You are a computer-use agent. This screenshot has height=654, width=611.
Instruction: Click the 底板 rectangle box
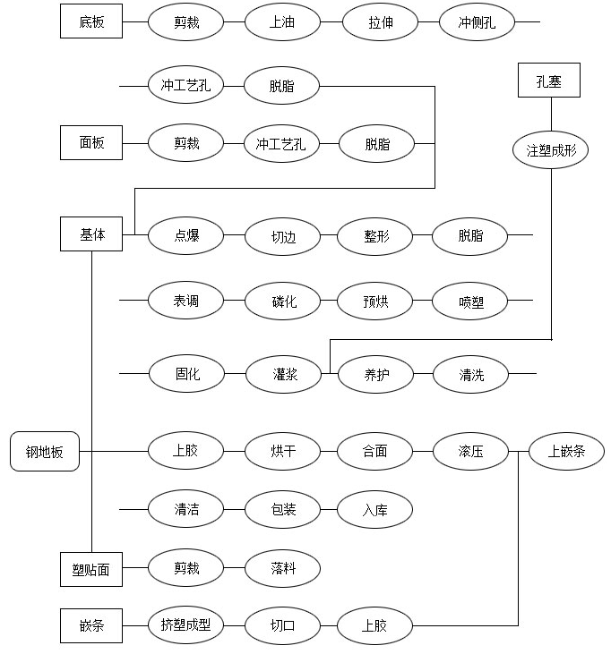(x=91, y=21)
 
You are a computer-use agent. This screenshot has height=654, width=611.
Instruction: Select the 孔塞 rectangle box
(x=549, y=81)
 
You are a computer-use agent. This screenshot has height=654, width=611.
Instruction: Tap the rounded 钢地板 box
(x=45, y=451)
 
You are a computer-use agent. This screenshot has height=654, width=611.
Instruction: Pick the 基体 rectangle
(x=91, y=234)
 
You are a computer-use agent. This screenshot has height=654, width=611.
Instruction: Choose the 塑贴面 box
(x=91, y=569)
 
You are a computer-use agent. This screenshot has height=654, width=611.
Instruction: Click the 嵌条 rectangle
(x=91, y=625)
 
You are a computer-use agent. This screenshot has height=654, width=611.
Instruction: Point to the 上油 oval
(x=282, y=21)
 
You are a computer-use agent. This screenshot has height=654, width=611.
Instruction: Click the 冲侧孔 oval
(x=477, y=21)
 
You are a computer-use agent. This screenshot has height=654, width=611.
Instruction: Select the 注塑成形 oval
(x=550, y=150)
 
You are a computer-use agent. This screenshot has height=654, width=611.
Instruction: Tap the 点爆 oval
(x=185, y=235)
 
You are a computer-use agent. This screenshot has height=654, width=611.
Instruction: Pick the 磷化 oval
(x=282, y=301)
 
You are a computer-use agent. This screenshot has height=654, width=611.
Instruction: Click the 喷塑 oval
(x=469, y=301)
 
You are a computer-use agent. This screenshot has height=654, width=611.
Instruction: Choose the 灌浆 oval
(x=284, y=374)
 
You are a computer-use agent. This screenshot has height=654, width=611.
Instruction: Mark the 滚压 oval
(x=470, y=451)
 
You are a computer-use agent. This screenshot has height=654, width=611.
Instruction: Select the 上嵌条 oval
(x=566, y=451)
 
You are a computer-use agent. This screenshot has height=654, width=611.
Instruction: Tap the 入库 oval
(x=374, y=509)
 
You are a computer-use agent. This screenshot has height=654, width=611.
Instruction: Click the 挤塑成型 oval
(x=185, y=625)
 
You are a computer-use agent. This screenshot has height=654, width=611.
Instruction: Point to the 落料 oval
(x=282, y=568)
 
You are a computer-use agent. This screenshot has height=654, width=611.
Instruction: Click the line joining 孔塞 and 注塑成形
(x=551, y=115)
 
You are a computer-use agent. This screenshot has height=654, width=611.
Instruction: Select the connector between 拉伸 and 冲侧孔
(x=428, y=21)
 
